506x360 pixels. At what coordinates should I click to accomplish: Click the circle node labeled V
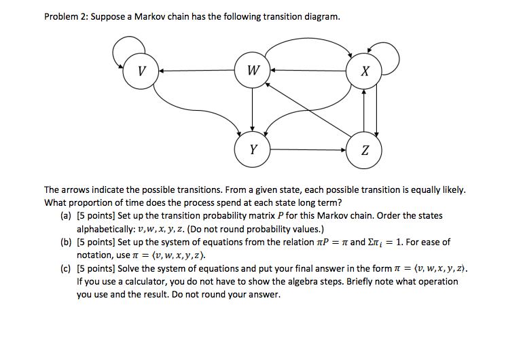click(x=141, y=70)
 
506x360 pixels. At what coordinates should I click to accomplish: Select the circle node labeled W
click(x=253, y=70)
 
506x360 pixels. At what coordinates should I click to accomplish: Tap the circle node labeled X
click(x=364, y=70)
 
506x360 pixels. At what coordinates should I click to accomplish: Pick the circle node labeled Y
click(x=253, y=149)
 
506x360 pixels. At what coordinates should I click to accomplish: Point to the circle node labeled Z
click(x=364, y=149)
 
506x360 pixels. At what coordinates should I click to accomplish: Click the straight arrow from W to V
click(x=197, y=70)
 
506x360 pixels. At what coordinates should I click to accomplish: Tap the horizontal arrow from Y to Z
click(x=308, y=149)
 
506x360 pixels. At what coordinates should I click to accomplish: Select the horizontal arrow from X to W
click(x=308, y=70)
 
